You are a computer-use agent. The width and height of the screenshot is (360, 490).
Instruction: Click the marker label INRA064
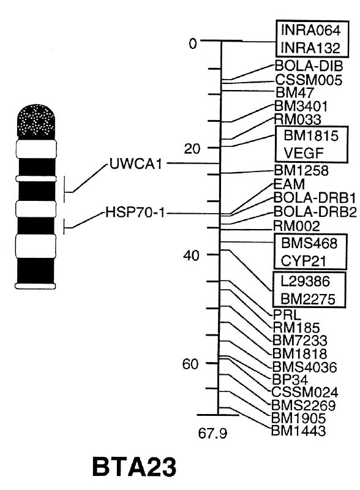point(310,30)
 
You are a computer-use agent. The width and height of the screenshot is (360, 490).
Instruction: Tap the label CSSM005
point(309,80)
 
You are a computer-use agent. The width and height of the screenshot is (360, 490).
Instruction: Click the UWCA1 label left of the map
point(136,164)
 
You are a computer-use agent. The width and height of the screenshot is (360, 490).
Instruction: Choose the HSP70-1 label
point(135,213)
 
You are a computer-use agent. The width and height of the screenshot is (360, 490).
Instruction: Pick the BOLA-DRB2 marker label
point(315,212)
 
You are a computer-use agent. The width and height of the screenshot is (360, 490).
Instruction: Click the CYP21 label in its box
point(304,261)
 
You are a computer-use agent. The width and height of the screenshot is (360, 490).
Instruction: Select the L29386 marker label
point(305,281)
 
